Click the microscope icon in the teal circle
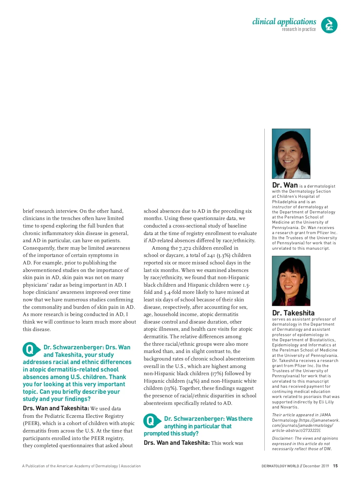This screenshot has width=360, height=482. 329,25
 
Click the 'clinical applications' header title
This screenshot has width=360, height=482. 284,22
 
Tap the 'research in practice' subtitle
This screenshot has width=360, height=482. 298,29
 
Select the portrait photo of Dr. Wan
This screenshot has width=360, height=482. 291,154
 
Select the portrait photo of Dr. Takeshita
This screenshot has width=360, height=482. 291,281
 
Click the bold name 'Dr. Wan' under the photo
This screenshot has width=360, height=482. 285,185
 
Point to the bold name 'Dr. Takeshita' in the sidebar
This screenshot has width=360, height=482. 293,313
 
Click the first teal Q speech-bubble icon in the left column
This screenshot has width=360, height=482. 30,349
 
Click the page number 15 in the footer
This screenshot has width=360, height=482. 335,466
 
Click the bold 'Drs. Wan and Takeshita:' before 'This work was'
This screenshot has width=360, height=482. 176,443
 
